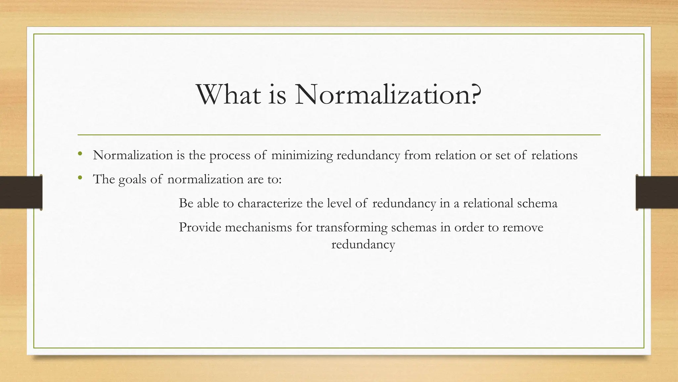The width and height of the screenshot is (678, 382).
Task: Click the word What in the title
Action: [229, 95]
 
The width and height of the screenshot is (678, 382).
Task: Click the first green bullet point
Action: [80, 154]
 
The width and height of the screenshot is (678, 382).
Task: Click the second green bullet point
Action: [80, 178]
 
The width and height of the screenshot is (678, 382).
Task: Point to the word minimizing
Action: [302, 155]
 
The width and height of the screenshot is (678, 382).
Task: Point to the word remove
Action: [523, 228]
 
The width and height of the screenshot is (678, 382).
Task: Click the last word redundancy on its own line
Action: [363, 245]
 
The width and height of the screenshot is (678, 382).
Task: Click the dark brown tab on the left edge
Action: [21, 192]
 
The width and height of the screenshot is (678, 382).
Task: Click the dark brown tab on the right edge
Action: [657, 192]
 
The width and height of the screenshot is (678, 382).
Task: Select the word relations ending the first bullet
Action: [554, 155]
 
